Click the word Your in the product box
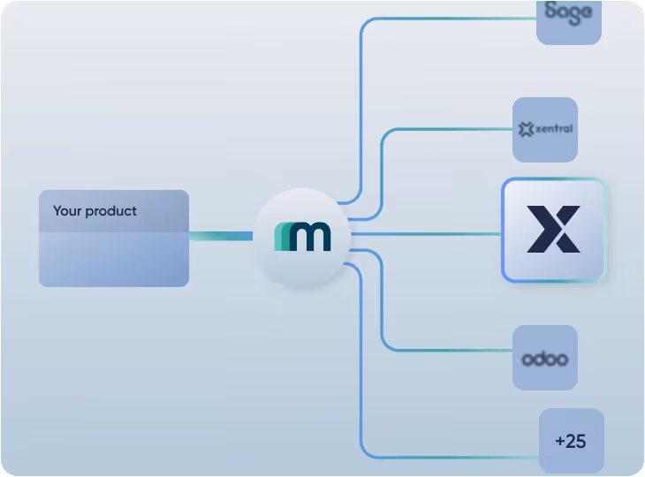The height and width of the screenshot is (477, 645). coord(67,211)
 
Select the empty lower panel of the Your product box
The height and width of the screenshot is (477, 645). coord(113,260)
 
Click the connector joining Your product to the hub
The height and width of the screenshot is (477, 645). coord(221,236)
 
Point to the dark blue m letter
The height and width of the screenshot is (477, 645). coord(310,237)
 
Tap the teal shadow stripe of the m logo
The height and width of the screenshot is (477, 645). coord(280,237)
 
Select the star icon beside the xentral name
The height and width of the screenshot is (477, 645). coord(527,130)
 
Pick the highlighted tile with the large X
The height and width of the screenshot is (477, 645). coord(553,230)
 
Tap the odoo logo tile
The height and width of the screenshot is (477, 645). coord(544,358)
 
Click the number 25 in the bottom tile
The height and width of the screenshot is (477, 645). coord(576,441)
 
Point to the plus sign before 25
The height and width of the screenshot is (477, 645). coord(560,441)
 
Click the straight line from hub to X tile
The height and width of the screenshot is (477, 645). coord(424,234)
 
